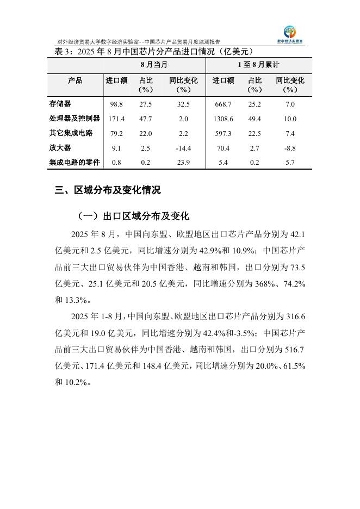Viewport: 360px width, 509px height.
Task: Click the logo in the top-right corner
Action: pyautogui.click(x=294, y=34)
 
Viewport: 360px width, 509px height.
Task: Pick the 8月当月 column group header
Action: pyautogui.click(x=154, y=65)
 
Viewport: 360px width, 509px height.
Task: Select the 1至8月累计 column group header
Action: pyautogui.click(x=259, y=65)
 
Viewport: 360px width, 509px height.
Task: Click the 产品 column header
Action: pyautogui.click(x=76, y=80)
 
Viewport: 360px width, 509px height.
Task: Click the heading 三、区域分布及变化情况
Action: pyautogui.click(x=108, y=190)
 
